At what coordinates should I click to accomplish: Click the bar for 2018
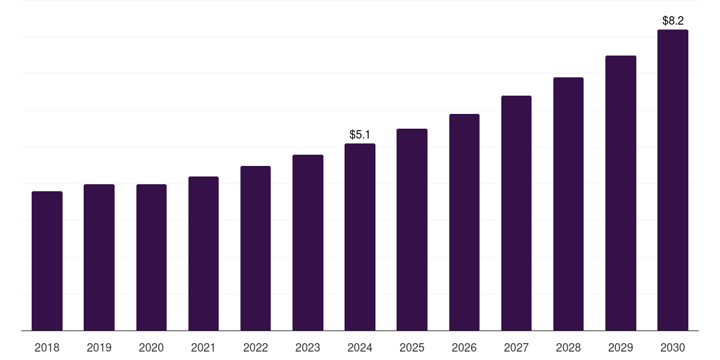point(47,261)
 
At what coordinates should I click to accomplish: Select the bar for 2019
point(99,257)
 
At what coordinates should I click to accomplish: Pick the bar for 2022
point(255,248)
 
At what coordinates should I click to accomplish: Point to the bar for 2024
point(360,237)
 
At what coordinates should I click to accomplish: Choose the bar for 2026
point(464,222)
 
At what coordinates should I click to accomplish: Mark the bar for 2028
point(568,204)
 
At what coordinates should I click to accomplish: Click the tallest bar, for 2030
point(673,180)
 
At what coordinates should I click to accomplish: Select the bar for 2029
point(621,193)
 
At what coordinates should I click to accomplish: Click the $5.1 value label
point(360,134)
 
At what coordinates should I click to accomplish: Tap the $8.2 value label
point(673,21)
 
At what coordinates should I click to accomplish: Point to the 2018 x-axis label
point(47,347)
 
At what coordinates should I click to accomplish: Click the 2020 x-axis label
point(151,347)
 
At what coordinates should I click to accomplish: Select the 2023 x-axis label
point(308,347)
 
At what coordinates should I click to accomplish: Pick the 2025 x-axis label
point(412,347)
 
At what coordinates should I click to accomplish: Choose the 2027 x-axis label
point(516,347)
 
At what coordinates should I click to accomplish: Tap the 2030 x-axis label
point(673,347)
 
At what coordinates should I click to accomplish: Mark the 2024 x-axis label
point(360,347)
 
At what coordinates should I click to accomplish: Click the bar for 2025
point(412,229)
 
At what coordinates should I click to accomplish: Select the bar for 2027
point(516,213)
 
